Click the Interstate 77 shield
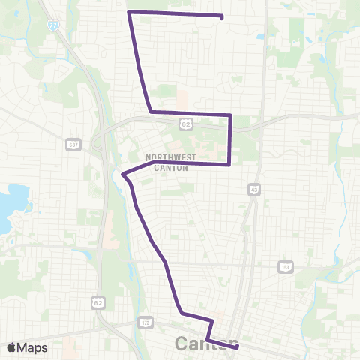pyautogui.click(x=52, y=25)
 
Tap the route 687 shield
pyautogui.click(x=73, y=145)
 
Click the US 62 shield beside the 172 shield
pyautogui.click(x=98, y=301)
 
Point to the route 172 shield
pyautogui.click(x=145, y=322)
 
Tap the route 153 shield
pyautogui.click(x=285, y=266)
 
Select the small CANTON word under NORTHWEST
pyautogui.click(x=171, y=167)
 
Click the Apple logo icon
pyautogui.click(x=12, y=347)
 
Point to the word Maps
pyautogui.click(x=32, y=347)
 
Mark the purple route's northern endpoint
pyautogui.click(x=222, y=16)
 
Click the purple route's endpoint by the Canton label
pyautogui.click(x=237, y=347)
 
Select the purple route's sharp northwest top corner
pyautogui.click(x=130, y=12)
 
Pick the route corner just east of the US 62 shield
pyautogui.click(x=230, y=115)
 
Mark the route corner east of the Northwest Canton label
pyautogui.click(x=229, y=164)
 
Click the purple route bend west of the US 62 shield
pyautogui.click(x=151, y=112)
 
